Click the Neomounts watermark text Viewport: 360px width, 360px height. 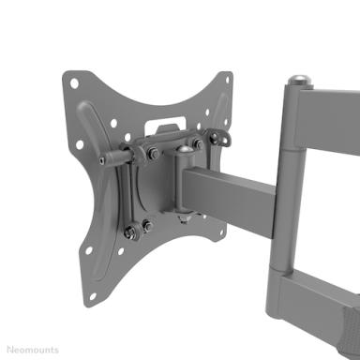pos(33,350)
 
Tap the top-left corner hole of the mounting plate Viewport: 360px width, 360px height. pos(74,83)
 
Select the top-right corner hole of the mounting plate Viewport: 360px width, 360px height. pos(228,80)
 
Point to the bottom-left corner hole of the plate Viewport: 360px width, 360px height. pos(93,296)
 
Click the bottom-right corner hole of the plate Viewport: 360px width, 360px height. pos(221,233)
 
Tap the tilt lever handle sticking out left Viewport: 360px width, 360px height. pos(115,157)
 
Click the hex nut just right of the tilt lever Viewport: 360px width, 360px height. pos(153,154)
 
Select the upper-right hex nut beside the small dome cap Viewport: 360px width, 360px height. pos(198,143)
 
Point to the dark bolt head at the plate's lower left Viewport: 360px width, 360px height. pos(129,232)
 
